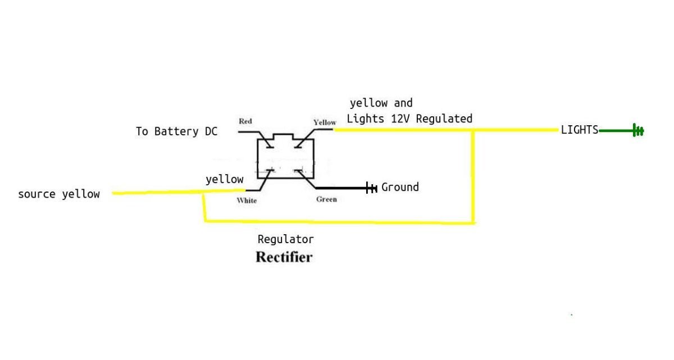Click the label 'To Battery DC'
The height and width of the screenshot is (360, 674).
176,131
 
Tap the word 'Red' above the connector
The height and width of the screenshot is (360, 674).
245,121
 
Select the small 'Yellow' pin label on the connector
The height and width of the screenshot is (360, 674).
325,122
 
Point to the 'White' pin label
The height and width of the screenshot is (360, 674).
247,200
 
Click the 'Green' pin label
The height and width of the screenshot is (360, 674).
326,199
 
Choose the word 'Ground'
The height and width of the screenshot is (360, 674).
400,187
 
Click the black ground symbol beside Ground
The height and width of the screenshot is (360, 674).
371,188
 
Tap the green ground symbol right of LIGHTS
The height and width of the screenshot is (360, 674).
638,131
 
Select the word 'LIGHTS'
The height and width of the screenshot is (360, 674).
580,130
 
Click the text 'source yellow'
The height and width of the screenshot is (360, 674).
59,194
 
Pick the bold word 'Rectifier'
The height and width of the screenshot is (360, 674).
284,258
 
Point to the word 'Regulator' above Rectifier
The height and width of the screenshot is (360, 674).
285,239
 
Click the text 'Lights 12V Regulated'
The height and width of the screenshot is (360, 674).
409,119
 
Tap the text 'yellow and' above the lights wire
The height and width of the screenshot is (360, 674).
381,103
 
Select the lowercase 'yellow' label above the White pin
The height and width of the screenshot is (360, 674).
225,180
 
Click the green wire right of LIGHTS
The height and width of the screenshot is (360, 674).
616,131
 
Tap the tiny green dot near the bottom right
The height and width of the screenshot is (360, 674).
571,315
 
